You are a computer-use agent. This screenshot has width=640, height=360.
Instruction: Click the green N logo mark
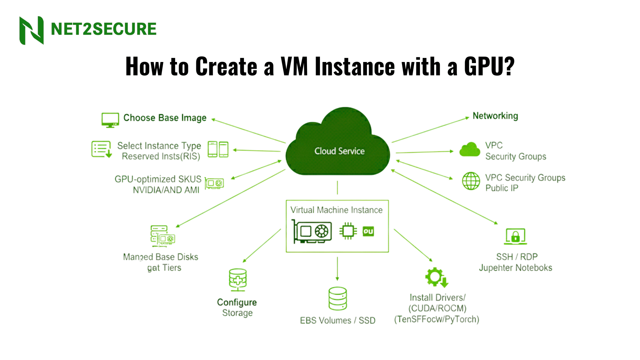[32, 30]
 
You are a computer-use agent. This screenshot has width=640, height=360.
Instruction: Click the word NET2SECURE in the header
[103, 29]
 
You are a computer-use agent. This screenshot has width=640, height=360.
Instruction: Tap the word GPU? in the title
[489, 66]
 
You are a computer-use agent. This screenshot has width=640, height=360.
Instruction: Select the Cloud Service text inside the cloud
[339, 151]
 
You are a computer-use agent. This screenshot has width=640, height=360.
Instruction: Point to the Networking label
[495, 116]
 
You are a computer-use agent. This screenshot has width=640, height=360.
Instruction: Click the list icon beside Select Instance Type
[101, 149]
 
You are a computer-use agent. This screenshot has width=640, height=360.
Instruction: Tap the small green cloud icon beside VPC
[470, 150]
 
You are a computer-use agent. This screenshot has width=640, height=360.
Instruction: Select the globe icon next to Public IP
[471, 181]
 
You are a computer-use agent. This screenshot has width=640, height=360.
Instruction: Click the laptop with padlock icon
[515, 236]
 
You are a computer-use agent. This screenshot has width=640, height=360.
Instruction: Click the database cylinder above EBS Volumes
[337, 298]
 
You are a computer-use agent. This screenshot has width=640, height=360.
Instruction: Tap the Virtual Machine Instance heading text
[336, 210]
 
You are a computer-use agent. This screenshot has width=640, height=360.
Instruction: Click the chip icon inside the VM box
[348, 231]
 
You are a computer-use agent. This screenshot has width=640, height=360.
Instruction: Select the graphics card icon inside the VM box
[312, 231]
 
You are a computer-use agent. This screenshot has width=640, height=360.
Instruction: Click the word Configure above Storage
[237, 302]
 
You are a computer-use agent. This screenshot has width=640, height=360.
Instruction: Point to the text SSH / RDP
[517, 257]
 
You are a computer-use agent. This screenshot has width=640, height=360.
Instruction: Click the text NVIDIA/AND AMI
[166, 190]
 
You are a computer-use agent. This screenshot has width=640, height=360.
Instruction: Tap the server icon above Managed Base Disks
[162, 236]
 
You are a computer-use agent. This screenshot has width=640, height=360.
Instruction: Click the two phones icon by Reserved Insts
[218, 149]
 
